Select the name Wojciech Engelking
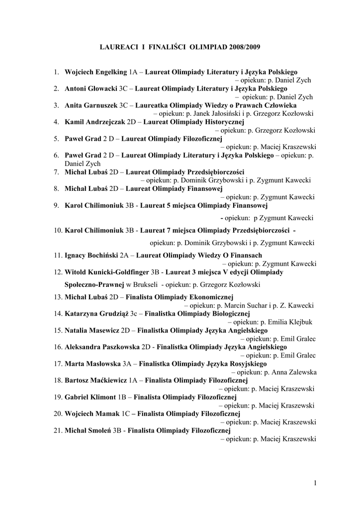[96, 72]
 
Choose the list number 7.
[57, 172]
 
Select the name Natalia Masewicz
[92, 331]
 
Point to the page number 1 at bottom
[315, 482]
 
